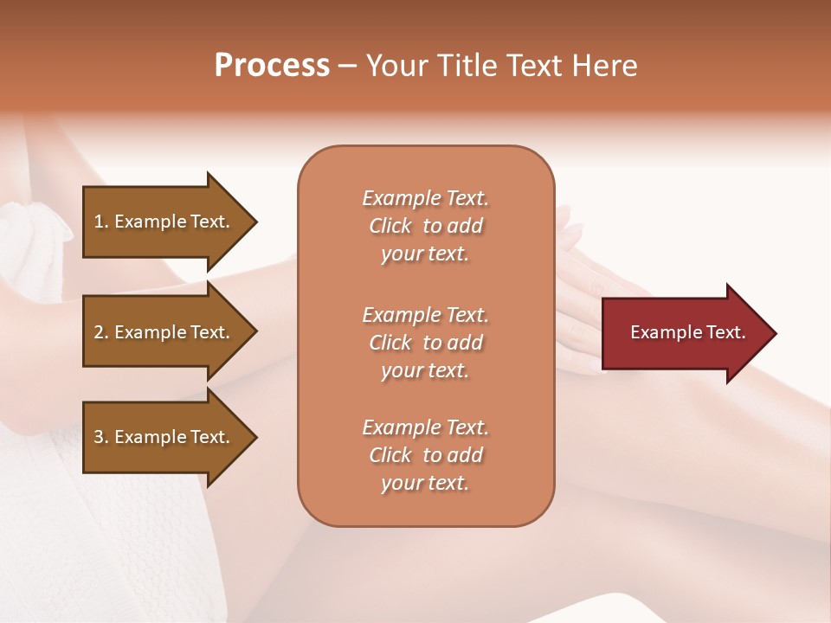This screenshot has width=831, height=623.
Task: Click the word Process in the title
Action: point(272,66)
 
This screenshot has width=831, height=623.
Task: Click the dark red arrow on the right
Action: point(684,332)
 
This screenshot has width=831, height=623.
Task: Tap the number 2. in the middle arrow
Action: point(101,332)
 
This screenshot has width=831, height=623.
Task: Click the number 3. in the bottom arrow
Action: point(101,437)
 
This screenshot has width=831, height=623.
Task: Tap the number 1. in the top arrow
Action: point(101,222)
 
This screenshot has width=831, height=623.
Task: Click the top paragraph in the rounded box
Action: point(425,226)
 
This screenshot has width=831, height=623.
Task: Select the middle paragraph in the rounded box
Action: point(425,343)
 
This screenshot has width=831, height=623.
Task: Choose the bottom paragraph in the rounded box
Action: point(425,455)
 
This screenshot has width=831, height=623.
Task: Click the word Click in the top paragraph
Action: point(390,226)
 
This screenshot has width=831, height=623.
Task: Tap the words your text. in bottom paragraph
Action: point(425,484)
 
